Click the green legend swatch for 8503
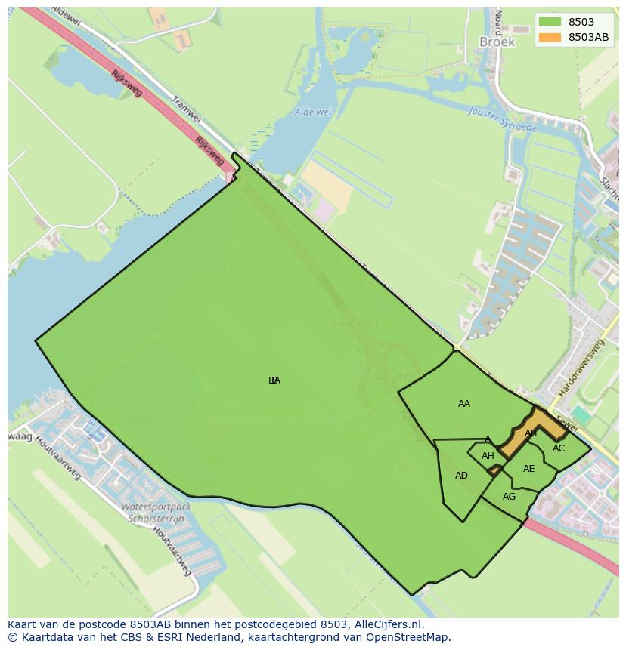tap(550, 23)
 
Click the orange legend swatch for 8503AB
tap(550, 37)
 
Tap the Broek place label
tap(497, 42)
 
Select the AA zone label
tap(464, 404)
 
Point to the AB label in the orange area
tap(531, 433)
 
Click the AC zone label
tap(559, 448)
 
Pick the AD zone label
tap(461, 476)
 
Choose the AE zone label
tap(528, 469)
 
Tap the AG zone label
tap(509, 497)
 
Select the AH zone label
tap(488, 456)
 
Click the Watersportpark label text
tap(156, 507)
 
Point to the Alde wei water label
tap(313, 112)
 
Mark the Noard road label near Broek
tap(497, 23)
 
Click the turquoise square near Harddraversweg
tap(581, 414)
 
